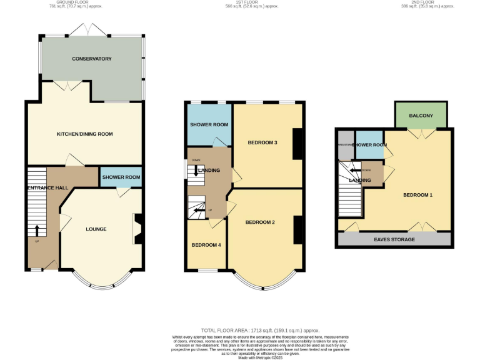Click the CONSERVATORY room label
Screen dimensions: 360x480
tap(91, 59)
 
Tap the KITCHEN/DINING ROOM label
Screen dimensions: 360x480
tap(85, 134)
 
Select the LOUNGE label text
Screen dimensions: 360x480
tap(96, 229)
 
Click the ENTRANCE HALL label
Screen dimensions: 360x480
tap(47, 187)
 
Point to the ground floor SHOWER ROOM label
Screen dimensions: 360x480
tap(121, 177)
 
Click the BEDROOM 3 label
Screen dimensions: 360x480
tap(262, 142)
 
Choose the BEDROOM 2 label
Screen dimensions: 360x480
tap(260, 222)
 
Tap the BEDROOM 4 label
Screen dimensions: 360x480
tap(206, 244)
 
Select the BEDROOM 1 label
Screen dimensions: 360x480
tap(417, 195)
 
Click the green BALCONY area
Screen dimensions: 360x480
tap(421, 116)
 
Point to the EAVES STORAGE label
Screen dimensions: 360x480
tap(394, 239)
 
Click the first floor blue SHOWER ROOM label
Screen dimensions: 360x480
tap(209, 124)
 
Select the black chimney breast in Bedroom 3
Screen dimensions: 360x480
tap(297, 143)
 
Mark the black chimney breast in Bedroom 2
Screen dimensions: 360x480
tap(297, 229)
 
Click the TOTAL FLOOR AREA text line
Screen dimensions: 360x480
tap(259, 329)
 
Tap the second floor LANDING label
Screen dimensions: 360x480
tap(360, 181)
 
